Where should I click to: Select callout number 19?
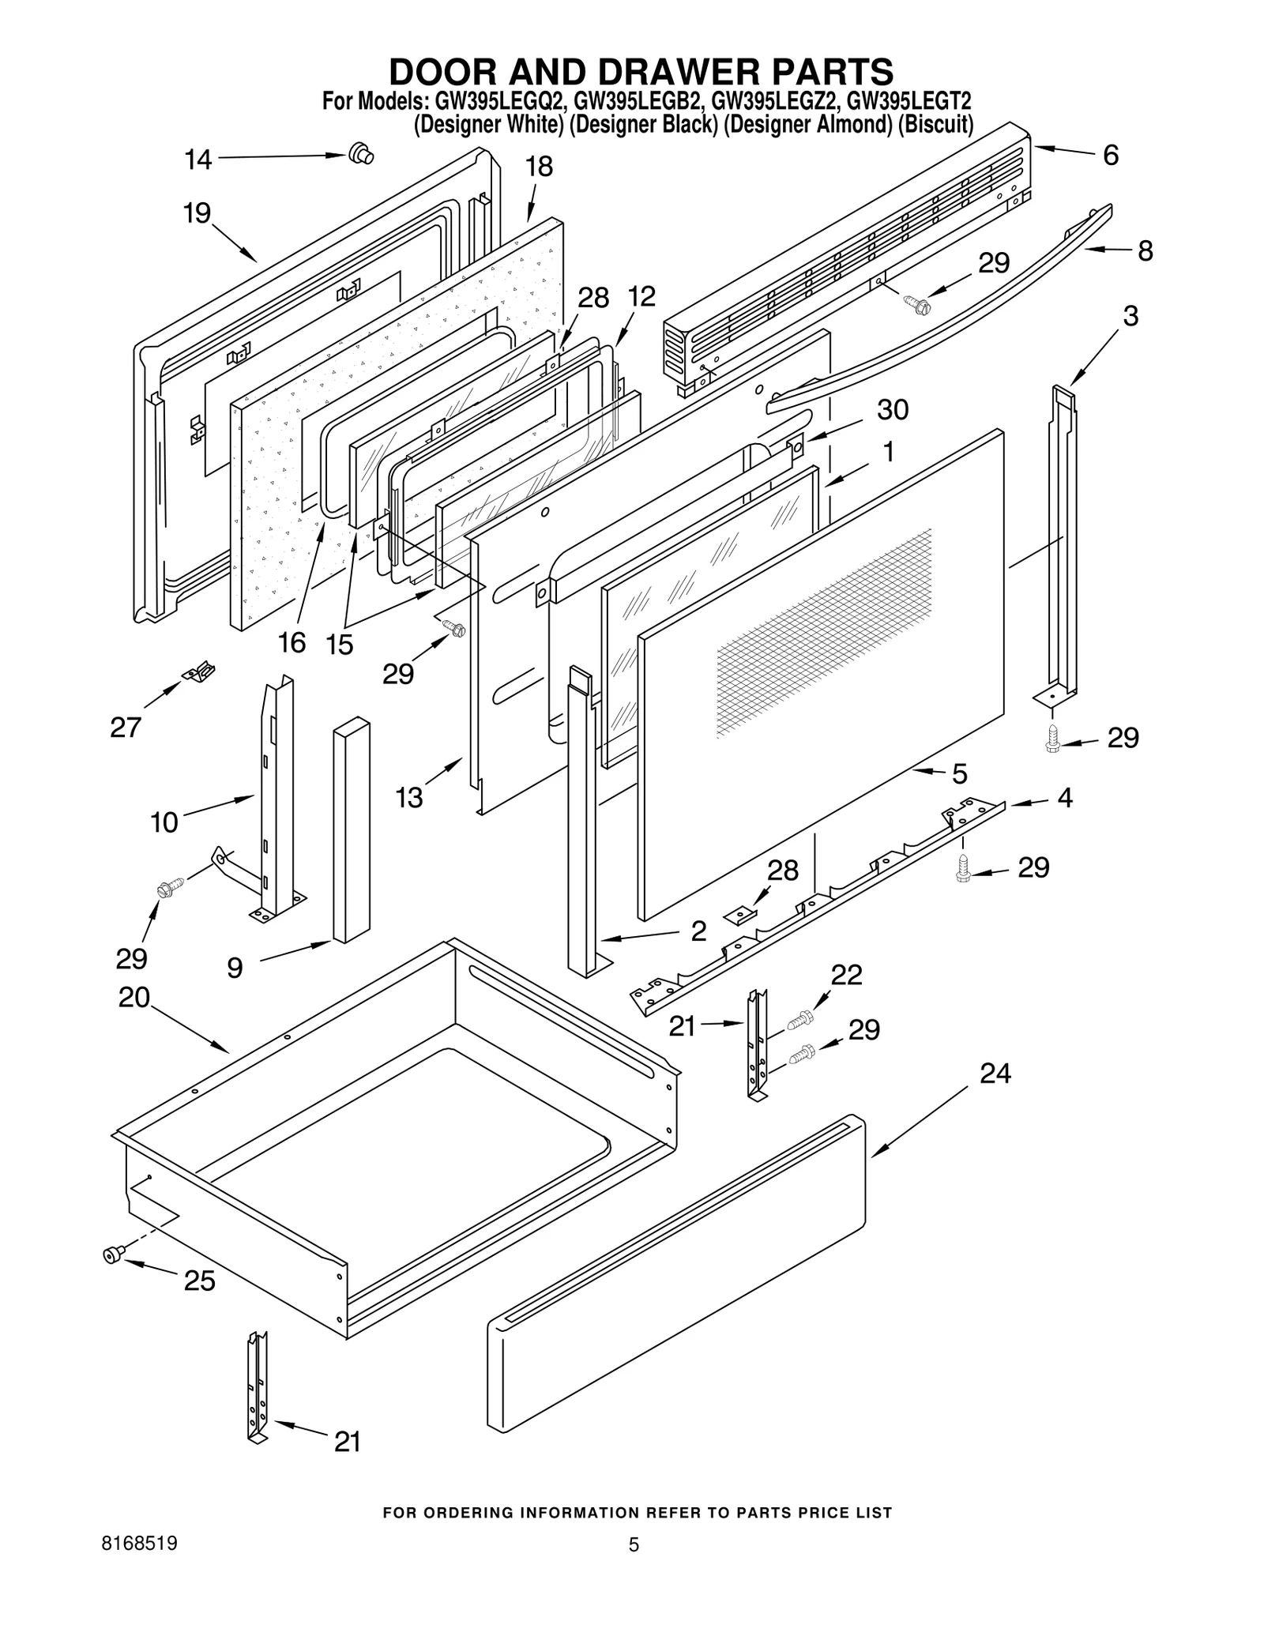(x=197, y=213)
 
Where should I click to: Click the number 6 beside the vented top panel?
(x=1110, y=156)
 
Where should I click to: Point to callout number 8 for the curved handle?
(x=1145, y=250)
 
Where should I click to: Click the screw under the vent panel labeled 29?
(x=916, y=301)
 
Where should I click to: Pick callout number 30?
(x=893, y=409)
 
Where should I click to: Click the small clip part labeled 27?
(x=199, y=671)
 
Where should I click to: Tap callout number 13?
(x=409, y=798)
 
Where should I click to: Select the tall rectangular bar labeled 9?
(x=352, y=829)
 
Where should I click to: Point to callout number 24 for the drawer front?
(x=995, y=1074)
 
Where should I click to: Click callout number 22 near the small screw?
(x=846, y=975)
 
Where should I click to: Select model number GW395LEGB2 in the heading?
(x=638, y=102)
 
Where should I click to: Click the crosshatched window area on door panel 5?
(x=822, y=632)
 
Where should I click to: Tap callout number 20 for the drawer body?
(x=134, y=997)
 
